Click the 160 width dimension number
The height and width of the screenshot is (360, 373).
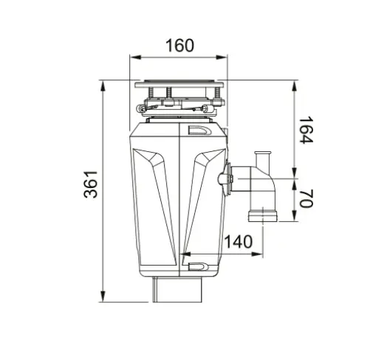(179, 46)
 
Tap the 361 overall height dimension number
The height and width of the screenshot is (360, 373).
(91, 184)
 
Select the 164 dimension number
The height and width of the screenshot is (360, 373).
(306, 130)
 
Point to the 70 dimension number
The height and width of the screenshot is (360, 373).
(306, 198)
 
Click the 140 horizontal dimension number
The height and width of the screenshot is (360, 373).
(239, 241)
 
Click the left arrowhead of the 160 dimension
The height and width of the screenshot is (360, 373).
(135, 58)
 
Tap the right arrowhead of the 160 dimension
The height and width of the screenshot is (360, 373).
(222, 58)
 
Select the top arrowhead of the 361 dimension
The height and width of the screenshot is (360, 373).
(103, 86)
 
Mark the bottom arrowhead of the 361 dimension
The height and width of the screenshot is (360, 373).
(103, 296)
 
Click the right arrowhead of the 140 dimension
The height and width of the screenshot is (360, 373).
(257, 254)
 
